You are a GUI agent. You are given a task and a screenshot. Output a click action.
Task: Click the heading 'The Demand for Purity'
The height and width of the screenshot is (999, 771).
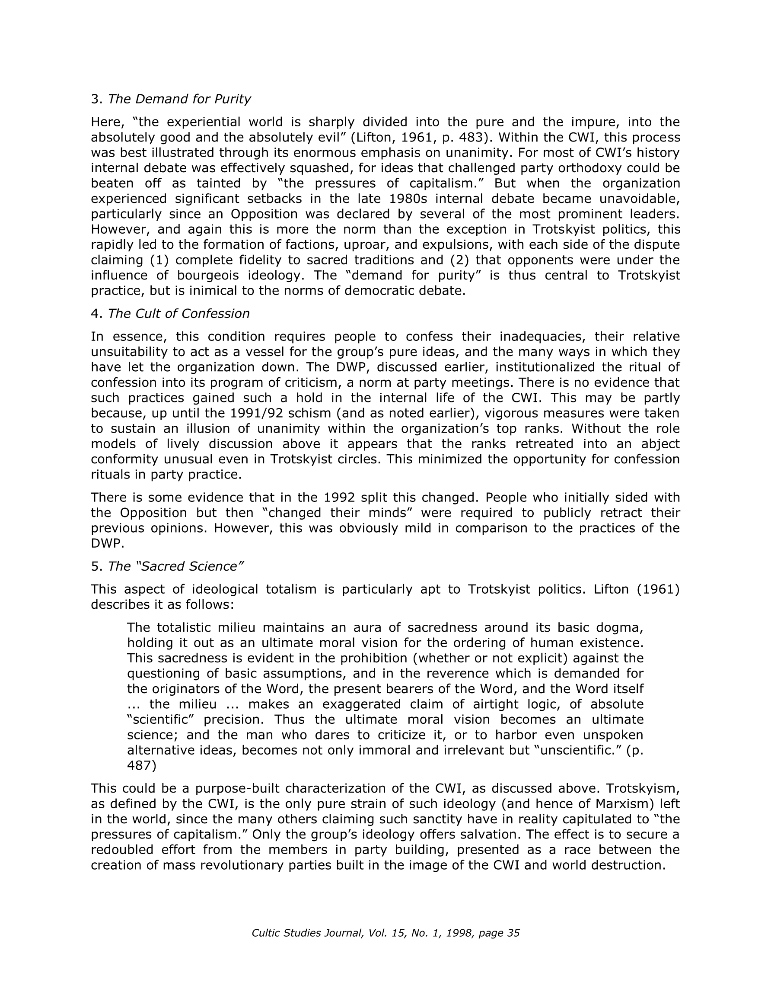(179, 99)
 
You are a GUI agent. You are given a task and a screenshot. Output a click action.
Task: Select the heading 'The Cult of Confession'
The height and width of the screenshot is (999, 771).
(178, 313)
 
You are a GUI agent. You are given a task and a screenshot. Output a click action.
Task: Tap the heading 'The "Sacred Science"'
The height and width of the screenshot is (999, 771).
(175, 566)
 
